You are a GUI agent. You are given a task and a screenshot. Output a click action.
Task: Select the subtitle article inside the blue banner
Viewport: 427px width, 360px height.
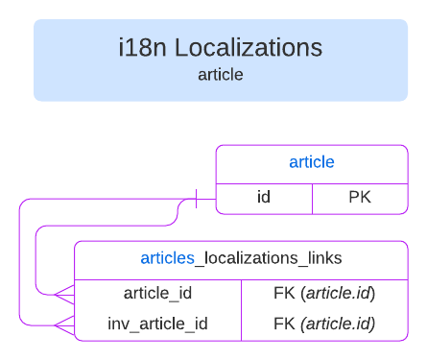point(220,74)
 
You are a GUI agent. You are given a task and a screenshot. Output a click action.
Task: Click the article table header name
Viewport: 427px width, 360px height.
point(311,162)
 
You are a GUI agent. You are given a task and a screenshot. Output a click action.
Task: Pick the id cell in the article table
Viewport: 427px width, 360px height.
point(264,199)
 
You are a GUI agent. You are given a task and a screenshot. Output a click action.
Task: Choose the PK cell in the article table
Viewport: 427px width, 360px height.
point(360,199)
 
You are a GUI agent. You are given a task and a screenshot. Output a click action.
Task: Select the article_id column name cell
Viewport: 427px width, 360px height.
point(158,293)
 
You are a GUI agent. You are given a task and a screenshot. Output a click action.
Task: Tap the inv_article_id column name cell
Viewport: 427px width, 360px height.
point(157,324)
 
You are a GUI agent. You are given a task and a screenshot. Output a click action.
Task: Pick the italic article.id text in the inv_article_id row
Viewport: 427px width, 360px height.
point(339,324)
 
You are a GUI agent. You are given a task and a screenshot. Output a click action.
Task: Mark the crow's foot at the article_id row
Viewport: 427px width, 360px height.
point(63,293)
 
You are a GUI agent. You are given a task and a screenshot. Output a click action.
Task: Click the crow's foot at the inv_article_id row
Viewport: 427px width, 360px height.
point(63,324)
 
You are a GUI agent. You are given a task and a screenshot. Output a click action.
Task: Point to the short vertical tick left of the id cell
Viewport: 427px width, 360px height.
point(197,199)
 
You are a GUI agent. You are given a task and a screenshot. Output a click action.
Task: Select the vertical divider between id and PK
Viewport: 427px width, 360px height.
point(313,199)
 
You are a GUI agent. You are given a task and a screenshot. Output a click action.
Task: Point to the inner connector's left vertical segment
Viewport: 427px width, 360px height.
point(35,259)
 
